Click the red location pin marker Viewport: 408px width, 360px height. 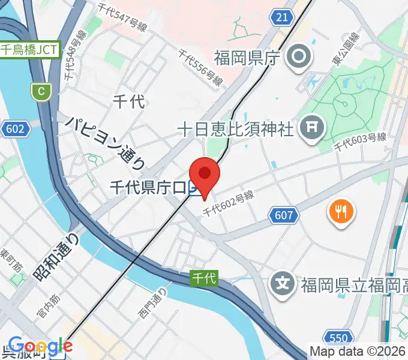click(x=205, y=175)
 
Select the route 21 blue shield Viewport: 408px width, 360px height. click(x=282, y=17)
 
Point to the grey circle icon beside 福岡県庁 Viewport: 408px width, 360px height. click(x=298, y=59)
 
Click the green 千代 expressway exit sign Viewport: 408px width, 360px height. click(x=204, y=278)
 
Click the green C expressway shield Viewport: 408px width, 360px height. click(x=41, y=91)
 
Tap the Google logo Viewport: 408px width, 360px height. click(x=40, y=346)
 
